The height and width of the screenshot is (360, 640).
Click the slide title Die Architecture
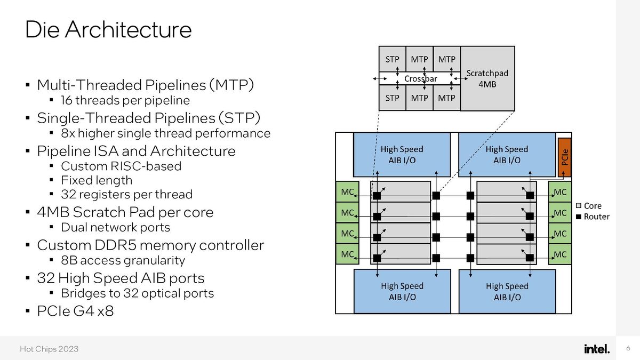coord(108,30)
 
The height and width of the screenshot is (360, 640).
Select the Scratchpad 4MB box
coord(487,78)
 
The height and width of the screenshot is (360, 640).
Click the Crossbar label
coord(420,79)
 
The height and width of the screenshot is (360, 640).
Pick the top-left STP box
coord(392,60)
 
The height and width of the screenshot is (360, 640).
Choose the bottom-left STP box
coord(392,98)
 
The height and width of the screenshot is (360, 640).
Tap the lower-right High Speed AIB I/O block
coord(507,291)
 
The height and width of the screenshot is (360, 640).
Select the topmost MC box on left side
coord(347,191)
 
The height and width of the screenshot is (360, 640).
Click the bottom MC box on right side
coord(560,254)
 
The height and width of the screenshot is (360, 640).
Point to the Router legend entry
coord(593,217)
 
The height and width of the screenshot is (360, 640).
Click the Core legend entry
coord(589,206)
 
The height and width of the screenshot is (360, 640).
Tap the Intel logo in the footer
coord(596,349)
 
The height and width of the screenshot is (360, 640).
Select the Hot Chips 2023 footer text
coord(49,349)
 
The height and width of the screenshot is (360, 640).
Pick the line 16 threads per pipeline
coord(125,100)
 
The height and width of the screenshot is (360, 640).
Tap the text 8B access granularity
coord(123,260)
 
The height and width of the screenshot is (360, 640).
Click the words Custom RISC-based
coord(121,166)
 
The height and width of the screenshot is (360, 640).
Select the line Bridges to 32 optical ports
coord(137,293)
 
